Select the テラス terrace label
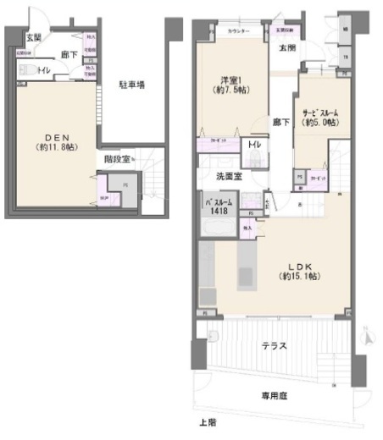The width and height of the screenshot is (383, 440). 275,345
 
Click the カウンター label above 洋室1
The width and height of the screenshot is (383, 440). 238,31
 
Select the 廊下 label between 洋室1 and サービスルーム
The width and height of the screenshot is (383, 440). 279,123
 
